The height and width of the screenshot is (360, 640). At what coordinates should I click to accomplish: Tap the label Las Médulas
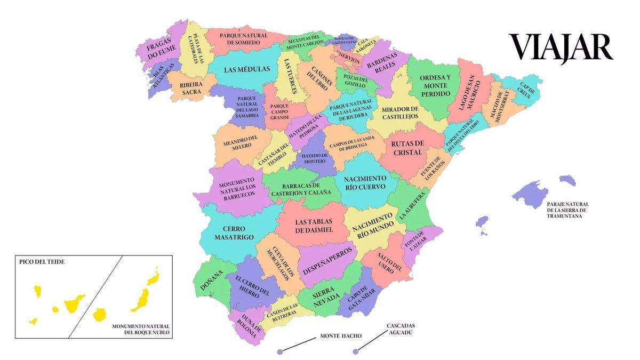point(246,69)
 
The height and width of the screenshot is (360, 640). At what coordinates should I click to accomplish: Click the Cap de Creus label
point(525,91)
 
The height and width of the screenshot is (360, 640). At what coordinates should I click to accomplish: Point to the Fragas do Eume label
point(162,51)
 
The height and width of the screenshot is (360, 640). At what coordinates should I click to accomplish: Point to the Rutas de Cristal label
point(407,148)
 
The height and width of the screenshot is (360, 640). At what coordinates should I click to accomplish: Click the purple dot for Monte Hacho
point(279,351)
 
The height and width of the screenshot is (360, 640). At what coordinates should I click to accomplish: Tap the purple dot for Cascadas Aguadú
point(355,351)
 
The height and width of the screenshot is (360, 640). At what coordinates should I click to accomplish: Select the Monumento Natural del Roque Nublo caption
point(140,329)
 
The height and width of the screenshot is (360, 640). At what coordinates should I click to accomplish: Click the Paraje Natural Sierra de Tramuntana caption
point(567,210)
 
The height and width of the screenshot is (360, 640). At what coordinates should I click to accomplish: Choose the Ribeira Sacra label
point(190,88)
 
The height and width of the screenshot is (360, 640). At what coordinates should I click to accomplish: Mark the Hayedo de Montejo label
point(314,157)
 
